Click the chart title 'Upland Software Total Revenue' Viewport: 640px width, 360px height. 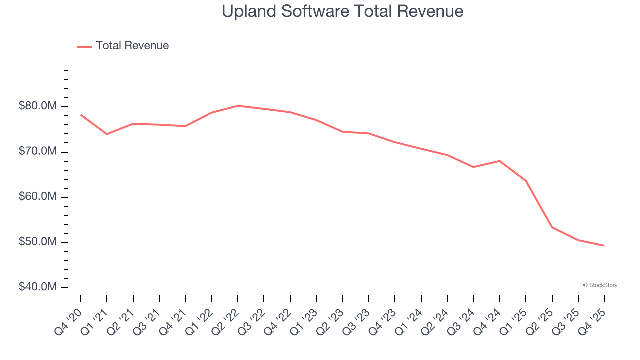pos(342,11)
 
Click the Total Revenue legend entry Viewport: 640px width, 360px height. pos(123,46)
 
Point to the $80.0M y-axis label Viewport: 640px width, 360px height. pos(37,106)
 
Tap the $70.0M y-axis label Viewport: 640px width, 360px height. pos(37,152)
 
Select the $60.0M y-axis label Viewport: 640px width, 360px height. pos(37,197)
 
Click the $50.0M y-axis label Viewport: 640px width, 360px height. pos(37,242)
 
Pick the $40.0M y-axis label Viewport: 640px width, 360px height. pos(37,287)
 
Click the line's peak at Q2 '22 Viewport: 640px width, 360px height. pos(238,106)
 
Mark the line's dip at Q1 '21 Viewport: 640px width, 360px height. pos(107,134)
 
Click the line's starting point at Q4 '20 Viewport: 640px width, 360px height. pos(81,115)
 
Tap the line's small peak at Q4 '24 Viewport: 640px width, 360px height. pos(500,161)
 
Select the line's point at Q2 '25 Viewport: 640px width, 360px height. pos(552,227)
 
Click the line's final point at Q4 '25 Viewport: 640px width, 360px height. pos(604,246)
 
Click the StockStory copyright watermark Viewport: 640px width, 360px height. pos(600,285)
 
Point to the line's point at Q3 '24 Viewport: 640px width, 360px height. pos(473,167)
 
